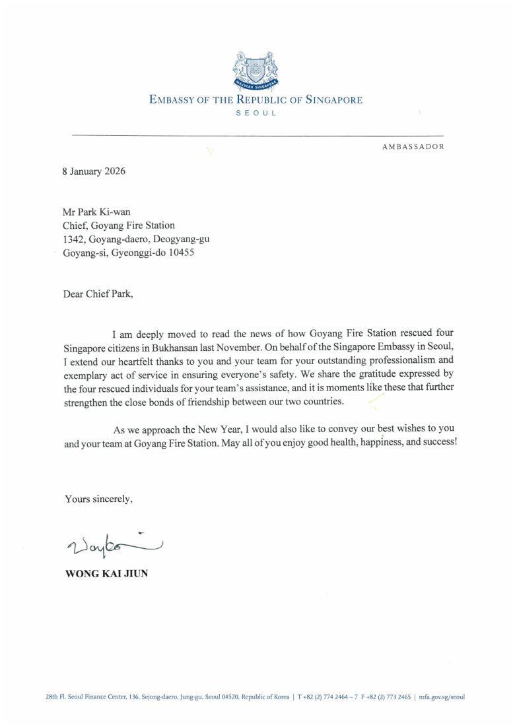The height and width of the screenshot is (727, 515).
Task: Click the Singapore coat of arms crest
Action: [x=256, y=69]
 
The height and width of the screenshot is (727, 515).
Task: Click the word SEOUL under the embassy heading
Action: [x=256, y=113]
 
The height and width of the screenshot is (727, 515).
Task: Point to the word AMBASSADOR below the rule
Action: [x=413, y=146]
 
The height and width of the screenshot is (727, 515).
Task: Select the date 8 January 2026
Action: [x=94, y=172]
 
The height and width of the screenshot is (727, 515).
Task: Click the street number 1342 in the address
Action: [x=73, y=239]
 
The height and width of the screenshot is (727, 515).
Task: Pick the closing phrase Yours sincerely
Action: [x=98, y=499]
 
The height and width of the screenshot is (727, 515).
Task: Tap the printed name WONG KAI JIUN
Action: [x=106, y=574]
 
